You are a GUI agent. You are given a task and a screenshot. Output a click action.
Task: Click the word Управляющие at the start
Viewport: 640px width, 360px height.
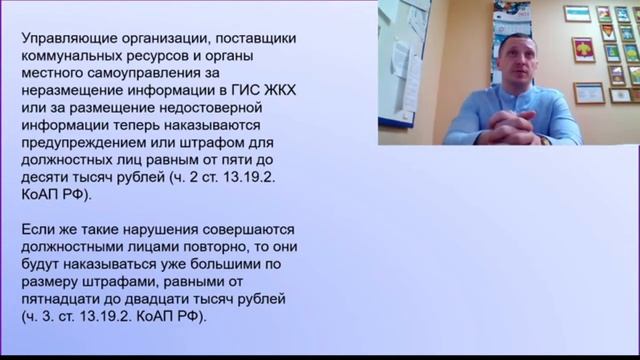[66, 39]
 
